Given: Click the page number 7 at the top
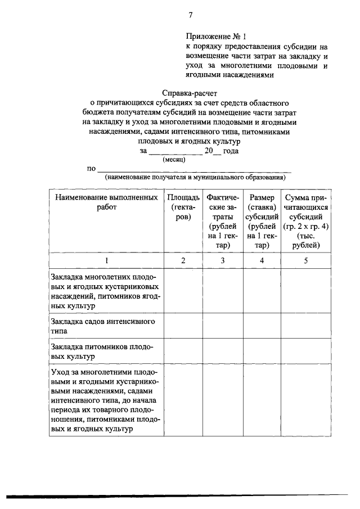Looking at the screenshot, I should [191, 15].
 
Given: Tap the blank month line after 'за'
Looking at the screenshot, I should [175, 152].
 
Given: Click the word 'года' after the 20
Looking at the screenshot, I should [231, 151].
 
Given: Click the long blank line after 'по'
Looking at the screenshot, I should [195, 169].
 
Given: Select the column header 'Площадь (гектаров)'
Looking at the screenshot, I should [183, 208].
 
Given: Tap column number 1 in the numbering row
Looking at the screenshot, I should [106, 260].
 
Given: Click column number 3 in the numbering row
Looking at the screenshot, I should [223, 260].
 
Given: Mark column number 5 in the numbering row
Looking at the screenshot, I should [304, 260].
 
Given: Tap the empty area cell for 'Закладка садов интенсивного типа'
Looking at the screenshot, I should [183, 327].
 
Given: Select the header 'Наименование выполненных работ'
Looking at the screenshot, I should [106, 202].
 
